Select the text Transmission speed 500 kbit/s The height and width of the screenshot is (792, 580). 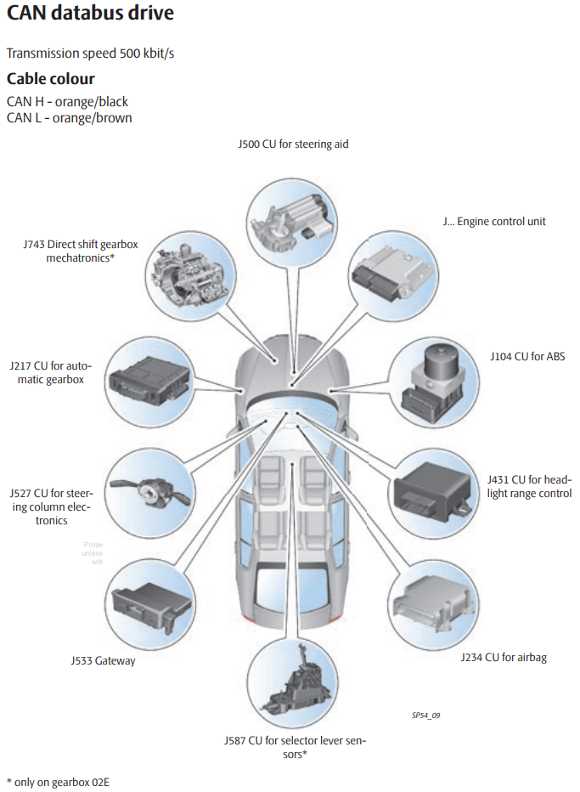(91, 54)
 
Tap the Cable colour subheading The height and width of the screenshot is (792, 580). (51, 79)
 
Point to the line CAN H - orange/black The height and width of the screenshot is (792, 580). (67, 102)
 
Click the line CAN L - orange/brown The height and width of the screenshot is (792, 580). (69, 118)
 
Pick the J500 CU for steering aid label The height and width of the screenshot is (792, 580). (293, 144)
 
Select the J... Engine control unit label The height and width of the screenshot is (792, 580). (494, 221)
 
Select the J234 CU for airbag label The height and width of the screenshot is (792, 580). (504, 657)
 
